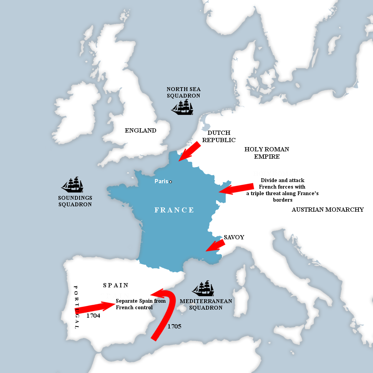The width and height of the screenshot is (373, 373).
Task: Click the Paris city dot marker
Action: pyautogui.click(x=170, y=182)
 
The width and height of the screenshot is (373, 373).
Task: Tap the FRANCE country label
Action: pyautogui.click(x=174, y=210)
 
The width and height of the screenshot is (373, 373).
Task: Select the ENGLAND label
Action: pyautogui.click(x=140, y=131)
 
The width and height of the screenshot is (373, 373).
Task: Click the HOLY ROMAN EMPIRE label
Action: pyautogui.click(x=266, y=153)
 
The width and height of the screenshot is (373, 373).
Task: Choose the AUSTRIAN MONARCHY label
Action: pyautogui.click(x=328, y=210)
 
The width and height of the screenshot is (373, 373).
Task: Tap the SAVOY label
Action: pyautogui.click(x=234, y=237)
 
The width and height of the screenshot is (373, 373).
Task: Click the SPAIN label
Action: pyautogui.click(x=116, y=285)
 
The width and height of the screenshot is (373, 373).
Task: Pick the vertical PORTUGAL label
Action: pyautogui.click(x=76, y=307)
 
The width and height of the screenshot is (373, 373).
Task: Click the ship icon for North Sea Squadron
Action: pyautogui.click(x=182, y=107)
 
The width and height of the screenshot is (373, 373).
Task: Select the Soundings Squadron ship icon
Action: pyautogui.click(x=73, y=185)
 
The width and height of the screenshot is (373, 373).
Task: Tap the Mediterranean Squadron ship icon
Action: pyautogui.click(x=203, y=288)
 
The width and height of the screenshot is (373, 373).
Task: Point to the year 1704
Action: pyautogui.click(x=93, y=316)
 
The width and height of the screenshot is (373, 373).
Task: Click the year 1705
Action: pyautogui.click(x=174, y=327)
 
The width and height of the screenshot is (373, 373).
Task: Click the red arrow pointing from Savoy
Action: pyautogui.click(x=215, y=246)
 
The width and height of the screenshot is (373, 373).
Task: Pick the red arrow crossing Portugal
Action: pyautogui.click(x=94, y=308)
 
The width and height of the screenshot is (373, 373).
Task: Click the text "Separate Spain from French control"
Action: pyautogui.click(x=140, y=304)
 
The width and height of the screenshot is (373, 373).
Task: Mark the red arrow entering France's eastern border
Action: pyautogui.click(x=235, y=189)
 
